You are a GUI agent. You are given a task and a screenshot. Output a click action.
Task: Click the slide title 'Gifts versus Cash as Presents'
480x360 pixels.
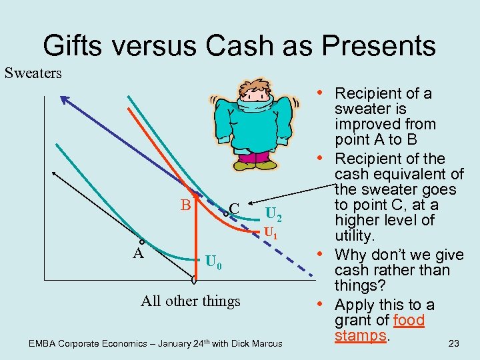pyautogui.click(x=239, y=45)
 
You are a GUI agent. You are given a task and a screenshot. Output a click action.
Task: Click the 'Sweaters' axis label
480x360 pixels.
pyautogui.click(x=33, y=73)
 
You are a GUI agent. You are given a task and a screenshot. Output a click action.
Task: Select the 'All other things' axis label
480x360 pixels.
pyautogui.click(x=191, y=301)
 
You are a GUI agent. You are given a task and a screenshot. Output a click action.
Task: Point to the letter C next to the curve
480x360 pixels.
pyautogui.click(x=234, y=207)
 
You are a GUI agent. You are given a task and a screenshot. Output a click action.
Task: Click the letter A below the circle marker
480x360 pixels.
pyautogui.click(x=138, y=253)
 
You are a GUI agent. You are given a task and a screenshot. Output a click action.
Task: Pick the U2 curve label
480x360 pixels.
pyautogui.click(x=273, y=215)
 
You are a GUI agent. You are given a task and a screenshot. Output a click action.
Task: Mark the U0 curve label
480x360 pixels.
pyautogui.click(x=213, y=261)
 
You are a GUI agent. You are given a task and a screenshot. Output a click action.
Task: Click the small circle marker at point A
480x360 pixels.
pyautogui.click(x=142, y=243)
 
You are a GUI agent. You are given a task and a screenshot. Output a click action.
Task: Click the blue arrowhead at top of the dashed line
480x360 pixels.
pyautogui.click(x=63, y=100)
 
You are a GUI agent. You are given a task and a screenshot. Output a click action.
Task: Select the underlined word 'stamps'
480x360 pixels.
pyautogui.click(x=361, y=335)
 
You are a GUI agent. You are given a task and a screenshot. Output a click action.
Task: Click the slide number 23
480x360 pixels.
pyautogui.click(x=454, y=343)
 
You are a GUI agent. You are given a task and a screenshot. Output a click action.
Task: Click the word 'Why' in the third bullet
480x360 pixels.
pyautogui.click(x=352, y=255)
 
